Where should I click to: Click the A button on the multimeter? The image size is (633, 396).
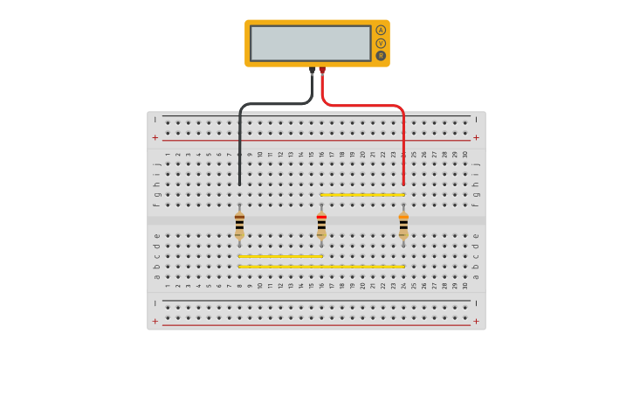point(381,30)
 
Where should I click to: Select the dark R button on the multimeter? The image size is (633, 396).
point(381,56)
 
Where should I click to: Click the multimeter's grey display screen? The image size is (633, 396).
point(311,43)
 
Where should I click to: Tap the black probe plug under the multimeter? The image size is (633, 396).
point(312,71)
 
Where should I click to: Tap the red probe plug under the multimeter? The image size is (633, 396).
point(322,71)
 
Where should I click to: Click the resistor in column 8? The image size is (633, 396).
point(239,225)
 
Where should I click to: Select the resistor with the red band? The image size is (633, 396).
point(321,225)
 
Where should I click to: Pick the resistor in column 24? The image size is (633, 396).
point(403,225)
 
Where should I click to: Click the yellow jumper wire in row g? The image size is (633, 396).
point(362,194)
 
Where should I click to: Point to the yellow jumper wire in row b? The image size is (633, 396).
point(280,256)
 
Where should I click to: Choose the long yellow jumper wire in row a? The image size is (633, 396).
point(321,267)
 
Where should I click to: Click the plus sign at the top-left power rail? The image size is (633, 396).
point(155,137)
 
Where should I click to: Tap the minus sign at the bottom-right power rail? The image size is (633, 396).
point(476,303)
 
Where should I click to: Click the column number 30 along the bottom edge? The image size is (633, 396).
point(465,285)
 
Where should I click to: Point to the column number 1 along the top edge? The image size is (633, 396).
point(168,155)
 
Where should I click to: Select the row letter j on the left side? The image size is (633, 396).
point(156,163)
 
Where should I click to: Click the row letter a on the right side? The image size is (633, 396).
point(476,277)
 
